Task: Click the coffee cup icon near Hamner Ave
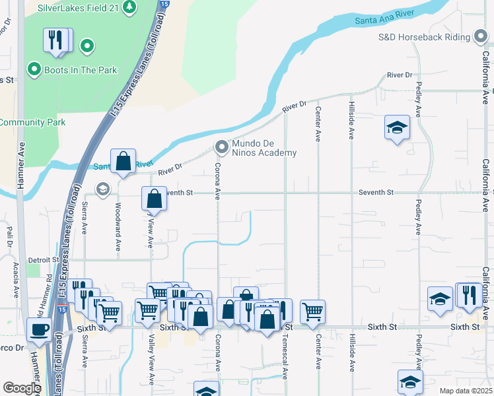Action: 39,329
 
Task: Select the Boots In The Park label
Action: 80,69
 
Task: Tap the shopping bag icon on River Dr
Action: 123,161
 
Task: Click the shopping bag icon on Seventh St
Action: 154,197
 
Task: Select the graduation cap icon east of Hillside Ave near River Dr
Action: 397,127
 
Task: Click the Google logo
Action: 22,388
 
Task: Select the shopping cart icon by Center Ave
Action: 312,310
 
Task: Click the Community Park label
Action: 32,122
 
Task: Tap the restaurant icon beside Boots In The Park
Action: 57,40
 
